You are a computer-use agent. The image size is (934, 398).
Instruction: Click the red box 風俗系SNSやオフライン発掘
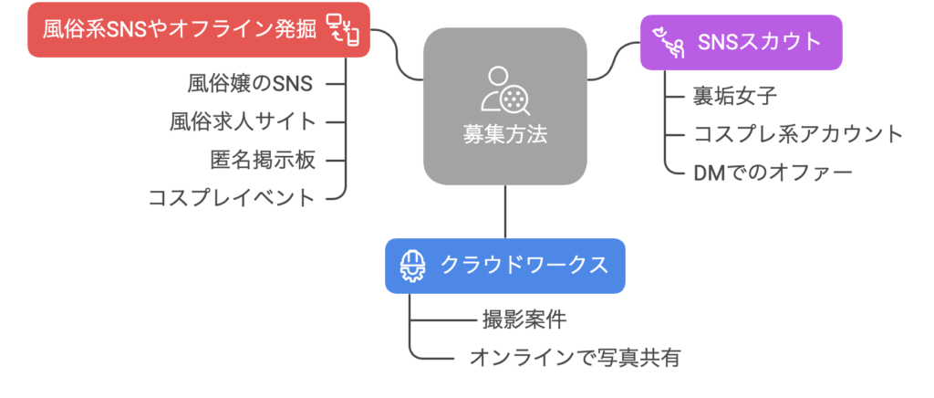[x=182, y=30]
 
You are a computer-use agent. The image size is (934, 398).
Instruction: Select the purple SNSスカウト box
[x=739, y=42]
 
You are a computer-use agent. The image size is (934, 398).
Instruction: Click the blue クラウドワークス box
[x=504, y=266]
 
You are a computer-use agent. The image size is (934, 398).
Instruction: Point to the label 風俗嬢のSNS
[x=249, y=84]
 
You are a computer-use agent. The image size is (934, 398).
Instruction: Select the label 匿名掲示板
[x=263, y=159]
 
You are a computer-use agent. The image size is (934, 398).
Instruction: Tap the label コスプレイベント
[x=232, y=197]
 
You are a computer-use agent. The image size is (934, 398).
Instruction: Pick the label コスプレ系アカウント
[x=798, y=134]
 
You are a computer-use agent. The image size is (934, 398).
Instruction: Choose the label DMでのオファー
[x=773, y=172]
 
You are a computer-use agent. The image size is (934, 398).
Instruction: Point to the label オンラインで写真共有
[x=575, y=357]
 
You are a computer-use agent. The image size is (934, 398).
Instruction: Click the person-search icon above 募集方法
[x=504, y=88]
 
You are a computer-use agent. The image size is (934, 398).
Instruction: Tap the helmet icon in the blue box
[x=414, y=266]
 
